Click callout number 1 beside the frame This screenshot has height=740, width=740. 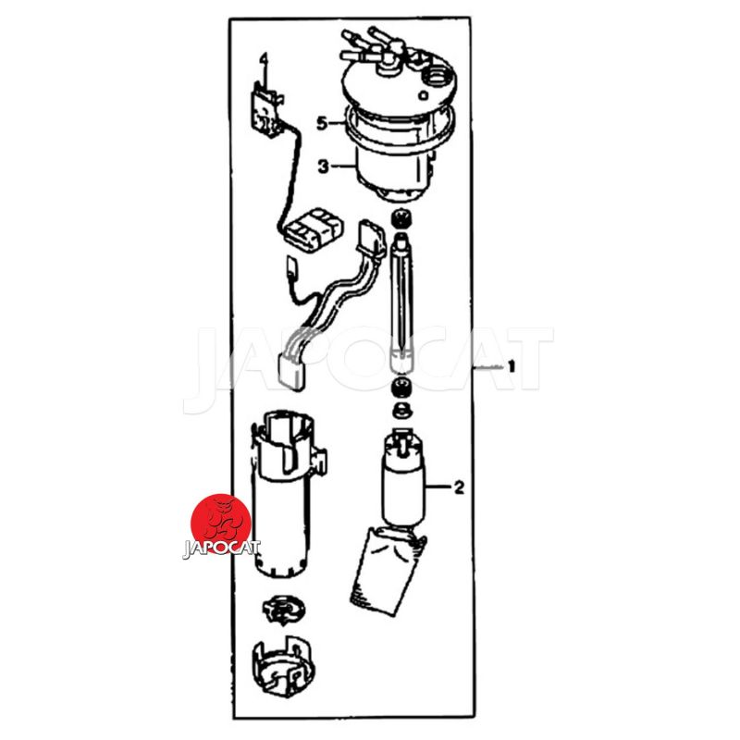coord(512,366)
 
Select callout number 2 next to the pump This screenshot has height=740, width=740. coord(459,487)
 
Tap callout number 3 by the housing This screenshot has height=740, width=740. coord(323,166)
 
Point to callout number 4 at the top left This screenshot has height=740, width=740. coord(264,59)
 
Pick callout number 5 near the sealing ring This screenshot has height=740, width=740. coord(322,124)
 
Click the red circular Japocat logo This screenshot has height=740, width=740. coord(221,523)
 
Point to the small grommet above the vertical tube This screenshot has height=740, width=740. coord(402,218)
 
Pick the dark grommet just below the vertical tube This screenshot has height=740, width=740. coord(402,387)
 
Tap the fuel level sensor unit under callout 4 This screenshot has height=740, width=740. coord(265,111)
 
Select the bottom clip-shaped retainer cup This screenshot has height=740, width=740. coord(283,665)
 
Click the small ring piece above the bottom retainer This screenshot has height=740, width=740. coord(283,609)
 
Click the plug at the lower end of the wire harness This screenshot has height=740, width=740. coord(291,372)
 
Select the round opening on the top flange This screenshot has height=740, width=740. coord(437,77)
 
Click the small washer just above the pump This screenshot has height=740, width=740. coord(402,409)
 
